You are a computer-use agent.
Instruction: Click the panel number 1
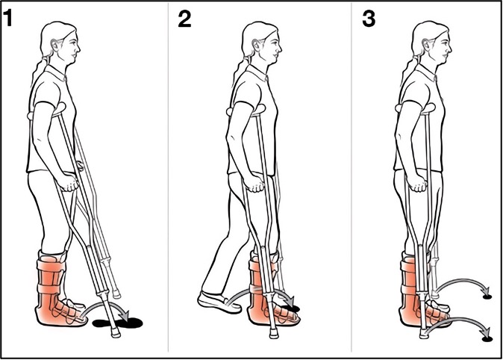[7, 18]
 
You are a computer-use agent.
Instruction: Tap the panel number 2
[184, 19]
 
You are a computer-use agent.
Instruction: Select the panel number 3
[369, 19]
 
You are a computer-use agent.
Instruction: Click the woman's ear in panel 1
[55, 46]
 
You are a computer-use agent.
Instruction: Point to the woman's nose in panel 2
[279, 48]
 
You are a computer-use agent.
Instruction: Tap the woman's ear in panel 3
[426, 46]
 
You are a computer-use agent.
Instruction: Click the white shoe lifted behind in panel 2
[219, 302]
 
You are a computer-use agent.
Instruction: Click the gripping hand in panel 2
[256, 184]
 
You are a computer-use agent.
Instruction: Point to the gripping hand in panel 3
[419, 184]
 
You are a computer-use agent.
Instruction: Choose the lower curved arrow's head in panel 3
[487, 333]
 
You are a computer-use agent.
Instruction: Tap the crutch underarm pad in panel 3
[416, 108]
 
